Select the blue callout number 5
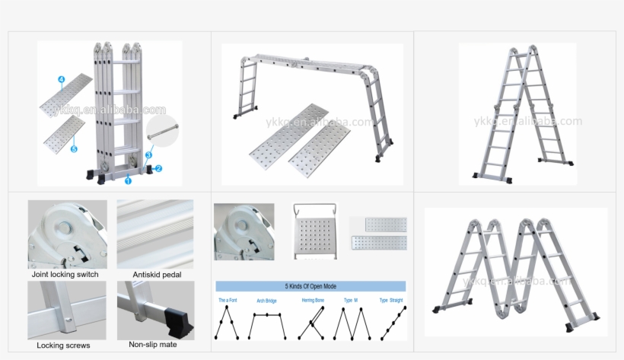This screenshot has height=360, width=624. coord(74,149)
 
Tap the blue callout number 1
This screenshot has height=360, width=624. coord(128,180)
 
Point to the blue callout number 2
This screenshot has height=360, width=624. coord(159,167)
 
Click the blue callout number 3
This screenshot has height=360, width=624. coord(149,155)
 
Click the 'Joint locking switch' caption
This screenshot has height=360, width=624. coord(65,274)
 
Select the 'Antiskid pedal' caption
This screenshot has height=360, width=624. coord(157,274)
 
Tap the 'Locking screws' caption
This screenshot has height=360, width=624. coord(63,346)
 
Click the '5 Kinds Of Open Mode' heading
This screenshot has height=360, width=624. coord(310,287)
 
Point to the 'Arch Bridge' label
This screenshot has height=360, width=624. coord(268,301)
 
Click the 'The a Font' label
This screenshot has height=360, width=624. coord(228,301)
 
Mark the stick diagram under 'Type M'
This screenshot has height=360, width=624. coord(349,323)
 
